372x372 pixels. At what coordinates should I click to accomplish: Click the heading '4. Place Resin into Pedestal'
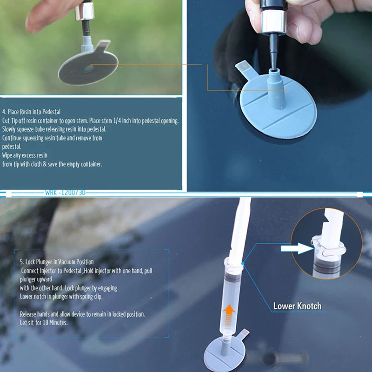tap(31, 112)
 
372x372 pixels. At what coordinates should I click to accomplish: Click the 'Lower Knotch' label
tap(297, 306)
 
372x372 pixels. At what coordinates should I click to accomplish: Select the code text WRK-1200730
tap(65, 193)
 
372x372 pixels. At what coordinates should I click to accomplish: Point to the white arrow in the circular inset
tap(298, 248)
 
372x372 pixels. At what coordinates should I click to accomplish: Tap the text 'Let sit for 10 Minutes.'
tap(44, 322)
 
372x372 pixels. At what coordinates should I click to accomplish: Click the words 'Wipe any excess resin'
tap(25, 155)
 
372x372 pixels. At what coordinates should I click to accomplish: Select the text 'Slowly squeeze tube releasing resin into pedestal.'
tap(54, 129)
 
